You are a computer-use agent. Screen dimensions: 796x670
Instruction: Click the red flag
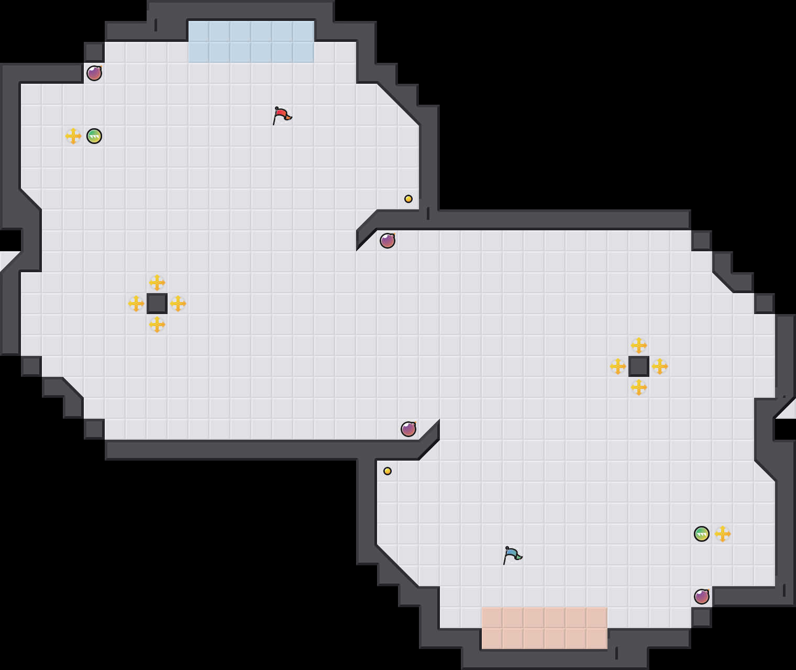click(x=282, y=115)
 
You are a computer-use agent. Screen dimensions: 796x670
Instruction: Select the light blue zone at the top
click(x=251, y=42)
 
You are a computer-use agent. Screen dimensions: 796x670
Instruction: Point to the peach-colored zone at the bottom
click(x=545, y=628)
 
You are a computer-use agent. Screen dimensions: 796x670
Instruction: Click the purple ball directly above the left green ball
click(x=94, y=73)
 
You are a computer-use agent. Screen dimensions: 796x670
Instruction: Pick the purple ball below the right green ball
click(x=702, y=597)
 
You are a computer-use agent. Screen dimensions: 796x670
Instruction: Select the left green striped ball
click(x=94, y=136)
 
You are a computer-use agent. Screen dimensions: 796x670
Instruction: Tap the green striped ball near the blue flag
click(x=702, y=534)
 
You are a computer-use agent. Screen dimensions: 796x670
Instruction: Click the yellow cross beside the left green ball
click(x=73, y=136)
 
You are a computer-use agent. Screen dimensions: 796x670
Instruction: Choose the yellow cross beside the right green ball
click(x=723, y=534)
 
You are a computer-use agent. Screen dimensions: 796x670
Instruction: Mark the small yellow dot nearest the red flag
click(x=408, y=199)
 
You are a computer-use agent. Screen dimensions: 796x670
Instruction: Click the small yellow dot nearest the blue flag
click(x=388, y=471)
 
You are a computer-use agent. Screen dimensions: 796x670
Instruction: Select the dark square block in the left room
click(x=157, y=304)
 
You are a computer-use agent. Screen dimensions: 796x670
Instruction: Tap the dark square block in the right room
click(x=639, y=366)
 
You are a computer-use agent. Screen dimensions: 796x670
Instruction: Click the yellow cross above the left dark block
click(x=157, y=283)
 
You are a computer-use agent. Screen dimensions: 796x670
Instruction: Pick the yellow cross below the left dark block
click(x=157, y=325)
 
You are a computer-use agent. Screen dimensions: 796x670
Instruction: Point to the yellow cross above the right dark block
click(x=639, y=345)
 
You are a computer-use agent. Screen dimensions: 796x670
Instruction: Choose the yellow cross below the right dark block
click(x=639, y=387)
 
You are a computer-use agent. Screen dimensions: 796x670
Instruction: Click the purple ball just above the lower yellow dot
click(x=408, y=429)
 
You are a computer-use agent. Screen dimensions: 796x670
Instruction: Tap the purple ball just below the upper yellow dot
click(x=388, y=241)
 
